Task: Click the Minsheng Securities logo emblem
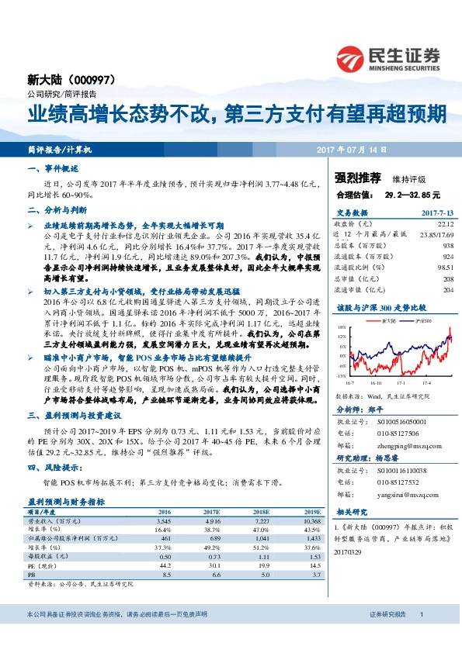[x=350, y=58]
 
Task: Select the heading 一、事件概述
[x=54, y=168]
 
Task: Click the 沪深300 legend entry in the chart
[x=401, y=320]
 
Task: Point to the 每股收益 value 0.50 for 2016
[x=165, y=557]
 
